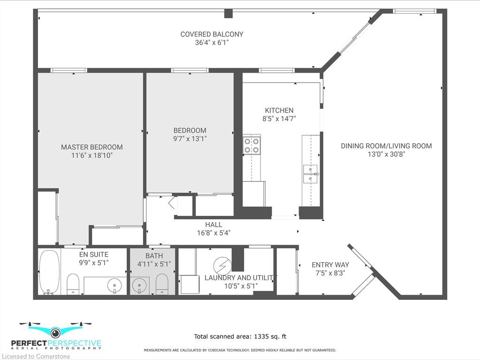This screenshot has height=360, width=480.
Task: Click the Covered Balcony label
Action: point(212,34)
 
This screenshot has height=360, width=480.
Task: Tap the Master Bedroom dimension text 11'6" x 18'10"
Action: point(92,155)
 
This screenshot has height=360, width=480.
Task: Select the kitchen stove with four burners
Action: point(251,146)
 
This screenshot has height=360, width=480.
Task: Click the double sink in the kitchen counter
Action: point(310,174)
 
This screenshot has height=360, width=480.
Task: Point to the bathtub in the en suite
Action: point(49,272)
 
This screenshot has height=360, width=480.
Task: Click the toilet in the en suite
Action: point(73,284)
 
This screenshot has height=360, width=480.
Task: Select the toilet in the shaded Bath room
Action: point(162,284)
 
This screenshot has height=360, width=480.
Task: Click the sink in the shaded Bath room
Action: point(140,286)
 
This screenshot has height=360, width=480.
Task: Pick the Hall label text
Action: point(213,225)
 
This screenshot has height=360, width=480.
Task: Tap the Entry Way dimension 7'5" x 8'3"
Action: point(330,273)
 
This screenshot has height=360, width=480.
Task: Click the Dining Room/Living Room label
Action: point(386,146)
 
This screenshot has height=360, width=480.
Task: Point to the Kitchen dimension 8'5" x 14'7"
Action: point(279,119)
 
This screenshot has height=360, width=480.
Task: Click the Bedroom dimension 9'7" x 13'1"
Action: point(190,138)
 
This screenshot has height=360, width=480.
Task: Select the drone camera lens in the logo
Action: point(55,332)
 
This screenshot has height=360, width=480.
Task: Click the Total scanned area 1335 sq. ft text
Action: point(240,337)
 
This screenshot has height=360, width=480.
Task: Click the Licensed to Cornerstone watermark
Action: point(36,356)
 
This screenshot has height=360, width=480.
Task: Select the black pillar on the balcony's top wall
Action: point(229,14)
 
